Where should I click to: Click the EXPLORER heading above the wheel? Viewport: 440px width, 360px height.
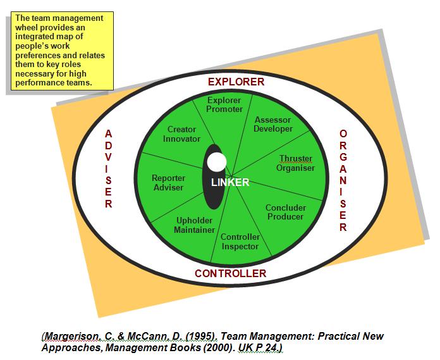coord(236,82)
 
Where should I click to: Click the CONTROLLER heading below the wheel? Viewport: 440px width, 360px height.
coord(230,273)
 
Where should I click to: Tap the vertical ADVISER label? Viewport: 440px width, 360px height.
coord(109,169)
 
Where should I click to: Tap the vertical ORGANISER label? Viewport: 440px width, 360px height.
coord(343,180)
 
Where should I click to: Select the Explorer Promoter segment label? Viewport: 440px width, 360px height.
coord(224,104)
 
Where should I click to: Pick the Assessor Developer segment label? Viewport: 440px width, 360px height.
coord(273,124)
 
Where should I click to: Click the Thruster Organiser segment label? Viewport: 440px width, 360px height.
coord(295,163)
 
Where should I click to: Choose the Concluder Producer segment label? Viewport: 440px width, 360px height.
coord(285,212)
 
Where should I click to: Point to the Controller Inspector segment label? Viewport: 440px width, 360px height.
coord(240,242)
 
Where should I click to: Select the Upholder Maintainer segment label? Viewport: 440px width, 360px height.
coord(195,225)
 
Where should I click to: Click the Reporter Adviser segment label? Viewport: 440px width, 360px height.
coord(168,183)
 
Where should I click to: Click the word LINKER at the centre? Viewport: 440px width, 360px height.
coord(230,182)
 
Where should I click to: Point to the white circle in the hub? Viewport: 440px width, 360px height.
coord(216,163)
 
